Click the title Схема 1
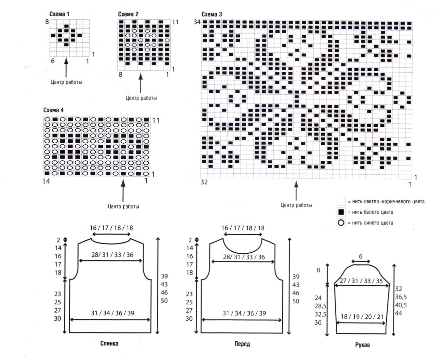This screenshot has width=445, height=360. pyautogui.click(x=59, y=14)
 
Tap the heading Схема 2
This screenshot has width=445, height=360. pyautogui.click(x=128, y=14)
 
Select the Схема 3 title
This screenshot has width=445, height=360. pyautogui.click(x=212, y=14)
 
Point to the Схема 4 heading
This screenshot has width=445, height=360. pyautogui.click(x=53, y=110)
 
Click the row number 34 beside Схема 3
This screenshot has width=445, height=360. pyautogui.click(x=197, y=22)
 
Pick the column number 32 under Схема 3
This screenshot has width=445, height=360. pyautogui.click(x=204, y=182)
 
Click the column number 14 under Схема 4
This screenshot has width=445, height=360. pyautogui.click(x=46, y=181)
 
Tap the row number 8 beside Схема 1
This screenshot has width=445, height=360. pyautogui.click(x=47, y=22)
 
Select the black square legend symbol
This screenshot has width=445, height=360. pyautogui.click(x=341, y=212)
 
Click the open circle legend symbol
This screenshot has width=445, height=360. pyautogui.click(x=341, y=223)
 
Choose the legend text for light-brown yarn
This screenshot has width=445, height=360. pyautogui.click(x=386, y=202)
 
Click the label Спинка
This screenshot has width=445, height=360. pyautogui.click(x=109, y=344)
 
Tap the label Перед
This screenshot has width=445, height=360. pyautogui.click(x=242, y=344)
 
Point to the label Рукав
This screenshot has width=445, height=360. pyautogui.click(x=363, y=345)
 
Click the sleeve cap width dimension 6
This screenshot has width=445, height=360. pyautogui.click(x=361, y=256)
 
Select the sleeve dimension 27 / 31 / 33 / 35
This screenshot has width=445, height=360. pyautogui.click(x=361, y=281)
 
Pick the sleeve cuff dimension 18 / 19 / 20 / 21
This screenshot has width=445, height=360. pyautogui.click(x=362, y=317)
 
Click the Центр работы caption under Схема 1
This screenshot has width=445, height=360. pyautogui.click(x=66, y=82)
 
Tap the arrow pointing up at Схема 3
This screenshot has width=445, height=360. pyautogui.click(x=296, y=191)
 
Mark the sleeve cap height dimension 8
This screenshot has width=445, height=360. pyautogui.click(x=318, y=270)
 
